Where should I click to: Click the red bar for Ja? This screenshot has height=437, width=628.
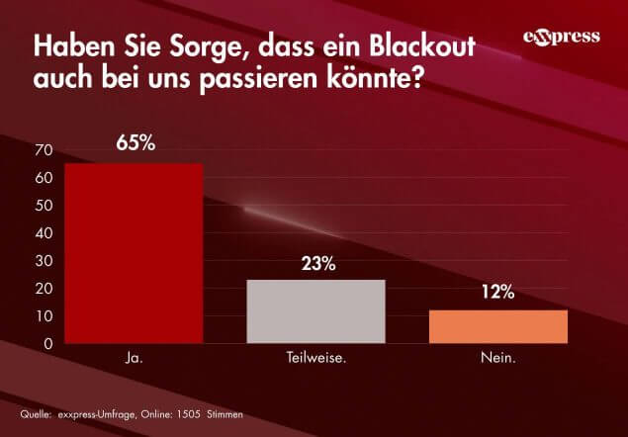(x=134, y=253)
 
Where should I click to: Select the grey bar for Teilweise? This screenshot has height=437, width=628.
(x=315, y=311)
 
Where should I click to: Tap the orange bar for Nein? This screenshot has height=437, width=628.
(x=497, y=326)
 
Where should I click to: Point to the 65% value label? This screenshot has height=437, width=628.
(x=135, y=142)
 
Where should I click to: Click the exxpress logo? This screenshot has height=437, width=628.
(x=561, y=38)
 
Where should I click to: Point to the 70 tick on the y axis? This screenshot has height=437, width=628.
(x=43, y=150)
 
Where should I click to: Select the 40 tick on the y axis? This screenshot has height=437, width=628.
(x=43, y=233)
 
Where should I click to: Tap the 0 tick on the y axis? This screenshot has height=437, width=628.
(x=46, y=344)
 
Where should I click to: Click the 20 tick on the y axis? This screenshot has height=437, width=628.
(x=43, y=289)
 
